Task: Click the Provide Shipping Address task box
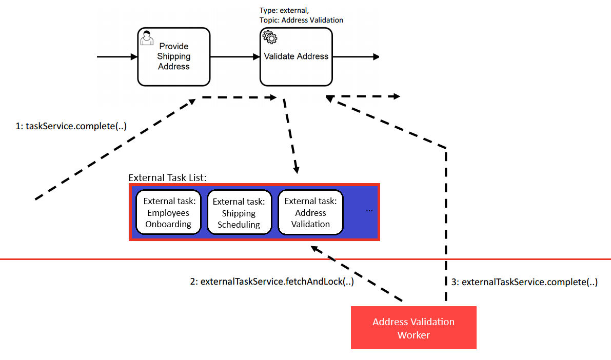[x=173, y=56]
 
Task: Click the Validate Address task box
[x=296, y=56]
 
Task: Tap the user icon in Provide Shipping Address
[x=147, y=38]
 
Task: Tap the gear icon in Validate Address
[x=269, y=37]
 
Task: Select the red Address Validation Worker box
[x=413, y=328]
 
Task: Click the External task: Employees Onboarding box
[x=168, y=213]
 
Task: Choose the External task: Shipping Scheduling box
[x=239, y=213]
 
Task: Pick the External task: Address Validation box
[x=310, y=213]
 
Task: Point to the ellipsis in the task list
[x=370, y=210]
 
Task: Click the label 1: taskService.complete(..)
[x=71, y=126]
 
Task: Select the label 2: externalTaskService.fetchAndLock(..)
[x=272, y=282]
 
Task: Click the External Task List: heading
[x=167, y=178]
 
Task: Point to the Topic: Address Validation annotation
[x=301, y=20]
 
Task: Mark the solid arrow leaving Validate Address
[x=356, y=56]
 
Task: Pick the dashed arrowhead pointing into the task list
[x=297, y=170]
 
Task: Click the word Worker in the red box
[x=413, y=335]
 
